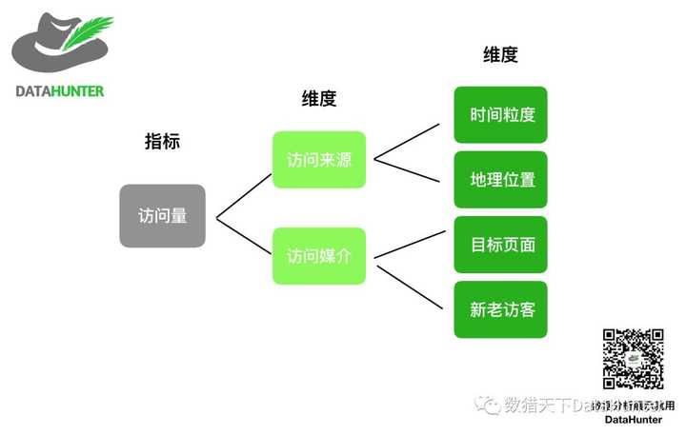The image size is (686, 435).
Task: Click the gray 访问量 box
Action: click(162, 216)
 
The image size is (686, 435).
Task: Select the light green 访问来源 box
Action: click(318, 159)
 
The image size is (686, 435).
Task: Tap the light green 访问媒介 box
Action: click(318, 255)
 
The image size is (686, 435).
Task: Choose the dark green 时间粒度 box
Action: click(501, 115)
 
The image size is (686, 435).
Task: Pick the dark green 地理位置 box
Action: click(501, 179)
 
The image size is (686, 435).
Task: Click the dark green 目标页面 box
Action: click(501, 245)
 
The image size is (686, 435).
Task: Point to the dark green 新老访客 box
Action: click(501, 309)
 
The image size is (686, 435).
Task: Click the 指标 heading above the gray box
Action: click(162, 142)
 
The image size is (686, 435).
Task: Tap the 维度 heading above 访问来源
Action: click(318, 98)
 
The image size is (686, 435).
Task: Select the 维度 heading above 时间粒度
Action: click(500, 54)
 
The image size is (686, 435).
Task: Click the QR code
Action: click(633, 359)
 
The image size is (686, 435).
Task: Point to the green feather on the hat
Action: click(89, 36)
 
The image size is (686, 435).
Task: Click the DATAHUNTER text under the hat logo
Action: click(59, 91)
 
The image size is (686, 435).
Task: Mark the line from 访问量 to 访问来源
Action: click(244, 197)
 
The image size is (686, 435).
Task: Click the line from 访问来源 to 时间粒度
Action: click(406, 140)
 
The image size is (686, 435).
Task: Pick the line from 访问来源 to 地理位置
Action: click(406, 172)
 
